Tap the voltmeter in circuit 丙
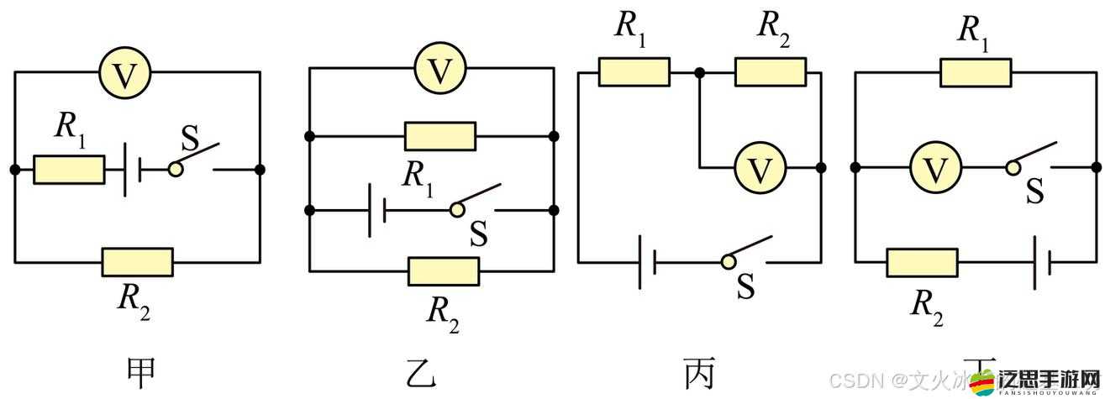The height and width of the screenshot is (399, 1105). tap(760, 168)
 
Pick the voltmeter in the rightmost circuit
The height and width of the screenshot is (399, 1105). tap(934, 168)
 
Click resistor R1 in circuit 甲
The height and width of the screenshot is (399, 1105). tap(69, 170)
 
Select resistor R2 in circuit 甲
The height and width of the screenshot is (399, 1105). tap(138, 262)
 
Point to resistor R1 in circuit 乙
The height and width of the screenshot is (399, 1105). tap(440, 136)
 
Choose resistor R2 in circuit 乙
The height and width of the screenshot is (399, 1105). tap(444, 271)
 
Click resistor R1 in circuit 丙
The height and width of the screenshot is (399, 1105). tap(634, 72)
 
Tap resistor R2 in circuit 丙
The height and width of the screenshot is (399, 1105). tap(771, 72)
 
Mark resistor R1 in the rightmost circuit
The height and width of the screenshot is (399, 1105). tap(976, 72)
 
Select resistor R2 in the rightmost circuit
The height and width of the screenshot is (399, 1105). tap(922, 262)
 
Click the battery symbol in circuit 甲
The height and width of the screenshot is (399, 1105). tap(132, 170)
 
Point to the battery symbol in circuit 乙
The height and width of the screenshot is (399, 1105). tap(376, 210)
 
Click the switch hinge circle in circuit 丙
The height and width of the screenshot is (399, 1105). tap(728, 262)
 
